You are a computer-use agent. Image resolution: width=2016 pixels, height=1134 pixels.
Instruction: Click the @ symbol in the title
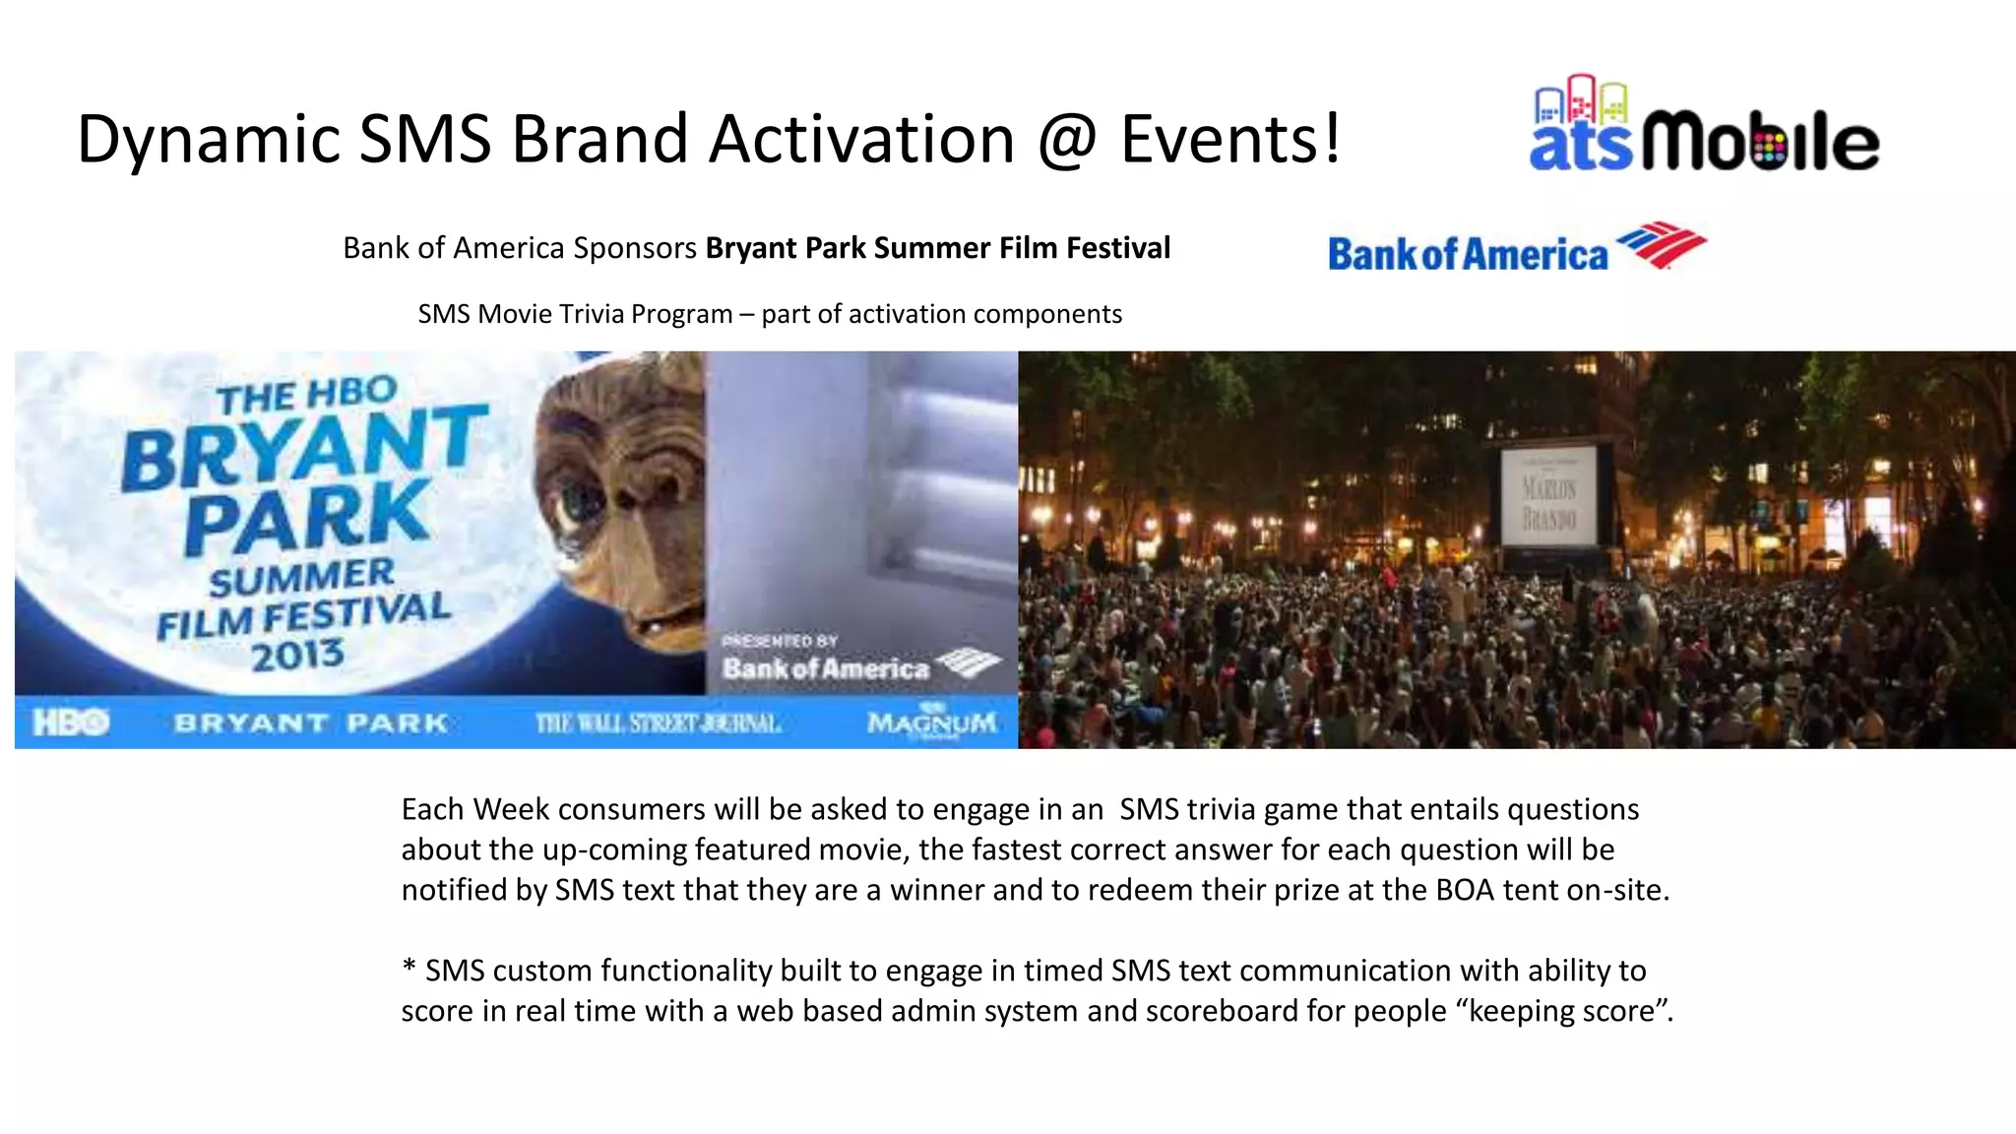(x=1067, y=140)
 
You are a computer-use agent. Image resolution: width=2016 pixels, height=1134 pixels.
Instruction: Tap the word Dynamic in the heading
(x=208, y=140)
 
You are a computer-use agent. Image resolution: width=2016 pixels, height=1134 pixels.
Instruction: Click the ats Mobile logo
(x=1704, y=126)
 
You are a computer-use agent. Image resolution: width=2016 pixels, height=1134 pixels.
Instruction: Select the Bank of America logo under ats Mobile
(x=1516, y=248)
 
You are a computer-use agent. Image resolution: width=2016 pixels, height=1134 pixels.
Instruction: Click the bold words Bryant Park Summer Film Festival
(x=937, y=248)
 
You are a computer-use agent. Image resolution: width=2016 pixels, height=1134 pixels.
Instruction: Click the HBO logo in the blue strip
(x=71, y=724)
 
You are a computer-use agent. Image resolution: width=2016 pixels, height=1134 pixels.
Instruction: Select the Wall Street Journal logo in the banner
(x=658, y=724)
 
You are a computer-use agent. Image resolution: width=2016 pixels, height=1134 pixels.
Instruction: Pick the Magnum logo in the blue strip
(x=931, y=724)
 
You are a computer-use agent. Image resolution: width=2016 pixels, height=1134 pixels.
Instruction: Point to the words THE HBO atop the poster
(x=307, y=396)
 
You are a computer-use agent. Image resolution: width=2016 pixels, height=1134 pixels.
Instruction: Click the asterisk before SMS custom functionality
(x=409, y=969)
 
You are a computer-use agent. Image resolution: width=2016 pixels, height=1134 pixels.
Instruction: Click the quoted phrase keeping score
(x=1565, y=1011)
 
